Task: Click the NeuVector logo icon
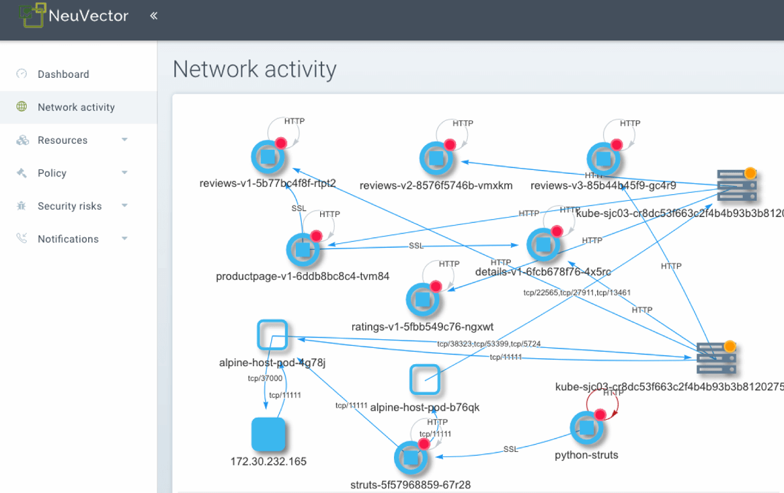click(33, 15)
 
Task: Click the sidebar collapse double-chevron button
click(154, 16)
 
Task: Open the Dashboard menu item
click(63, 75)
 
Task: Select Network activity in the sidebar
click(76, 107)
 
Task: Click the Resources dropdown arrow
click(124, 140)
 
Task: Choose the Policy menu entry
click(52, 173)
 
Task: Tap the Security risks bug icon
click(22, 206)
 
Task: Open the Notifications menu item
click(68, 239)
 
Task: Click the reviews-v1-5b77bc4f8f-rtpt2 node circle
click(268, 157)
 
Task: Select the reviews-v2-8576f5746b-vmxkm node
click(436, 158)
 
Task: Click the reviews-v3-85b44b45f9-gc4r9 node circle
click(603, 158)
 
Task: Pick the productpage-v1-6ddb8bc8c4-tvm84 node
click(302, 249)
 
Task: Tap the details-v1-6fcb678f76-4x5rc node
click(543, 245)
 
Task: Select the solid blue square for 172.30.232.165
click(269, 434)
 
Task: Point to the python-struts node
click(586, 428)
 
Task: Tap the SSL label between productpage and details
click(416, 245)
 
